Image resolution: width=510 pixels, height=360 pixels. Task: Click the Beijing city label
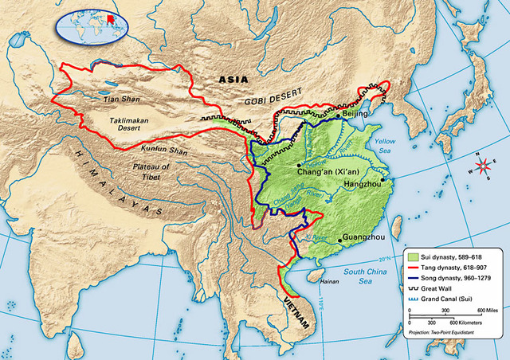pos(357,115)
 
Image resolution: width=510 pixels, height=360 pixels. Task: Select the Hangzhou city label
pos(363,184)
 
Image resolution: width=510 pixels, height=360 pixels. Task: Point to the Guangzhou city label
pos(363,238)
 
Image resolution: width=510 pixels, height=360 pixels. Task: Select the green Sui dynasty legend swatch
pos(413,256)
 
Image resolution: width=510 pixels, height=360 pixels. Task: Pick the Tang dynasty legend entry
pos(451,268)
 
